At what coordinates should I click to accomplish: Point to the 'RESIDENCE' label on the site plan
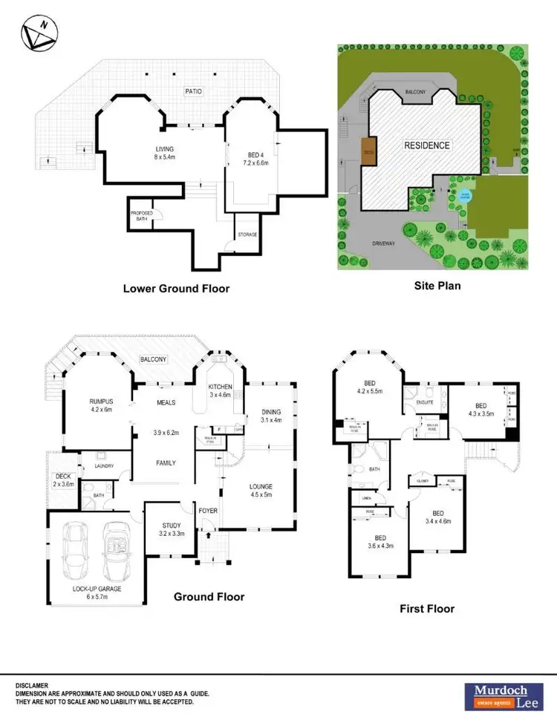click(x=426, y=145)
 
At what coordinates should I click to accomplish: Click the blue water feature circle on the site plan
click(x=465, y=196)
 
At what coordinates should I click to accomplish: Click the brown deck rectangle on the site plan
click(x=368, y=149)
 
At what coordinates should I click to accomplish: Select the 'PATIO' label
click(x=193, y=91)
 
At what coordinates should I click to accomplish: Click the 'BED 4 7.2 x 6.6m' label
click(x=256, y=159)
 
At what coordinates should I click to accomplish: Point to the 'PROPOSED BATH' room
click(x=141, y=216)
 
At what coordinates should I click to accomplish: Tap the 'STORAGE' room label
click(x=247, y=235)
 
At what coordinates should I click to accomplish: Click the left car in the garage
click(x=76, y=551)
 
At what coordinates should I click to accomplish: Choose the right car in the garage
click(x=117, y=551)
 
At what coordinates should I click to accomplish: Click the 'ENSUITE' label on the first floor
click(x=424, y=402)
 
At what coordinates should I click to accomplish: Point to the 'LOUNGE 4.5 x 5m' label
click(x=260, y=491)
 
